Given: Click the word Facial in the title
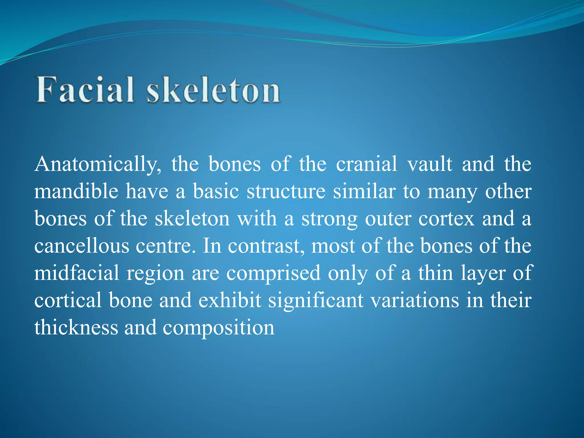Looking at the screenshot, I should click(85, 90).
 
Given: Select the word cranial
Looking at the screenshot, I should click(366, 164).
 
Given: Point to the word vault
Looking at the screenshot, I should click(429, 164).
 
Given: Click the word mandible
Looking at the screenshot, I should click(76, 191).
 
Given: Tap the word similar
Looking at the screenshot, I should click(364, 191).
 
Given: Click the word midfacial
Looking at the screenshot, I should click(77, 273).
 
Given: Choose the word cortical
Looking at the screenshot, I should click(68, 300).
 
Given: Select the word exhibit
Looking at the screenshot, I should click(230, 300).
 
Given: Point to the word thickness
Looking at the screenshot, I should click(76, 327).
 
